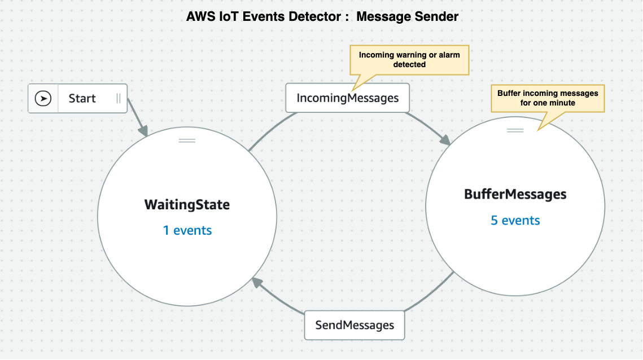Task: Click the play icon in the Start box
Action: click(43, 98)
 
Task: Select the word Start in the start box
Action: click(82, 98)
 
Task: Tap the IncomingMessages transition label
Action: click(347, 98)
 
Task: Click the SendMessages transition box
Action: click(355, 325)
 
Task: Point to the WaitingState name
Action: click(187, 205)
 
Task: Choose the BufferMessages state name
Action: click(515, 194)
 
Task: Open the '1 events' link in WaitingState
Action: click(187, 230)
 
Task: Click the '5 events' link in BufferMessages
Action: click(515, 221)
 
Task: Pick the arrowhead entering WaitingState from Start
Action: click(143, 131)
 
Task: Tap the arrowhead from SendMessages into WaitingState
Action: click(257, 282)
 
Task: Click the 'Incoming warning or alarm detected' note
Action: click(409, 60)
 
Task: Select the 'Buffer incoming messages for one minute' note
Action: click(548, 98)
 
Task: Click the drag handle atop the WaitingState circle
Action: click(187, 141)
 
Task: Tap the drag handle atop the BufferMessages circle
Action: click(515, 130)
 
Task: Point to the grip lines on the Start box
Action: click(119, 98)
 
